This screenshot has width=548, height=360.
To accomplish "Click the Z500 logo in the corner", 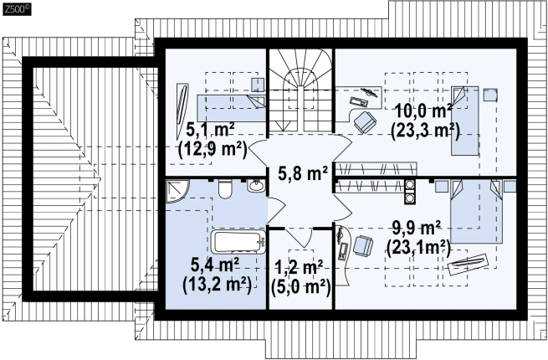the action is click(17, 9).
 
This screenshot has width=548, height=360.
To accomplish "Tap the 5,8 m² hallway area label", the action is click(303, 173).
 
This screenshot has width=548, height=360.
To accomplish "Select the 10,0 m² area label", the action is click(423, 111).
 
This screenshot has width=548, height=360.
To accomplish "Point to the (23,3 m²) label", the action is click(425, 131).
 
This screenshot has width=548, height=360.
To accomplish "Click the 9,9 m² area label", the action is click(416, 229).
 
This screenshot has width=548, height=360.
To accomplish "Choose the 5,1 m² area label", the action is click(210, 130).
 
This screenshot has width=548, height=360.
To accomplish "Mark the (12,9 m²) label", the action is click(213, 150).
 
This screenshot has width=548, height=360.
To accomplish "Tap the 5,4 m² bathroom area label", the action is click(215, 265).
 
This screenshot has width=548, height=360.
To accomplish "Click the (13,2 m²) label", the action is click(217, 285).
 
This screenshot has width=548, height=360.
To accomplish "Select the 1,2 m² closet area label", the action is click(299, 268).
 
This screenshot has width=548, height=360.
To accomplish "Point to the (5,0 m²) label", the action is click(301, 287).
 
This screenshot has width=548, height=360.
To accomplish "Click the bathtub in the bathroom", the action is click(238, 242).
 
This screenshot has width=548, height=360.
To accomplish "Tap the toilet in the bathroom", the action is click(225, 189).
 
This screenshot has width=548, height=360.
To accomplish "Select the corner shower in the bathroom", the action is click(177, 192).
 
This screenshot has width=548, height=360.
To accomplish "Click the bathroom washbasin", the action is click(256, 185).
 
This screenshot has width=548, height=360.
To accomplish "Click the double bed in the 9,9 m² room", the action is click(477, 212).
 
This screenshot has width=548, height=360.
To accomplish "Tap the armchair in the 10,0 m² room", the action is click(365, 121).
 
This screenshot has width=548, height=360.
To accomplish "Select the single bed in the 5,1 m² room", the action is click(231, 108).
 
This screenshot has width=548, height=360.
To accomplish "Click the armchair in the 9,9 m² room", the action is click(363, 246).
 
